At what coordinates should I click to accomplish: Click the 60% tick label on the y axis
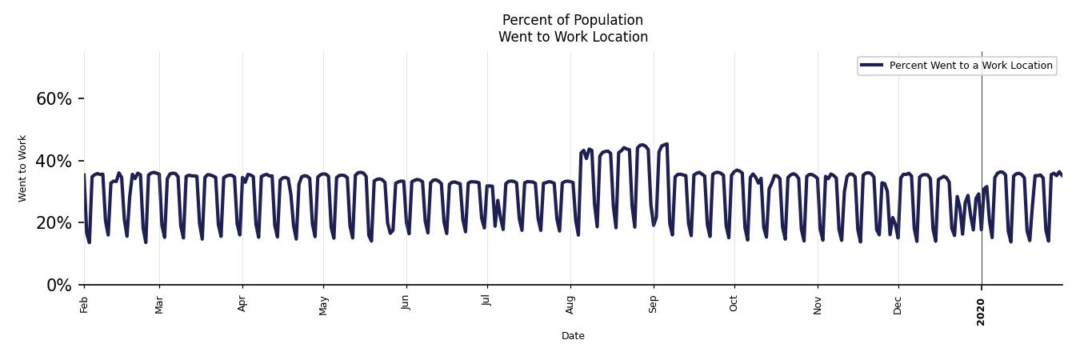tap(54, 99)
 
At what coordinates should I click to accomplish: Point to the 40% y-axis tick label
tap(54, 161)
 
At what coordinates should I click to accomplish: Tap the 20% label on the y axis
tap(54, 223)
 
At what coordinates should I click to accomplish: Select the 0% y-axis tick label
tap(59, 285)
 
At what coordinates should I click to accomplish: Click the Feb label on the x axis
tap(84, 304)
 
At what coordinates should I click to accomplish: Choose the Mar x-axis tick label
tap(159, 305)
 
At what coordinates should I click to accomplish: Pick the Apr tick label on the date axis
tap(242, 304)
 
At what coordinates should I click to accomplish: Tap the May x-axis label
tap(323, 306)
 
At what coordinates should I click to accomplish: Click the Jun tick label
tap(406, 304)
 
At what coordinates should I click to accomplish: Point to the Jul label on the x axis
tap(487, 303)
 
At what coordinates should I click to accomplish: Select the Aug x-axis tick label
tap(570, 305)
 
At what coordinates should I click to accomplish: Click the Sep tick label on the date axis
tap(654, 304)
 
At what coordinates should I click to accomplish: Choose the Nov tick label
tap(818, 305)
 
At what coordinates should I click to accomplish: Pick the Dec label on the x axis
tap(898, 305)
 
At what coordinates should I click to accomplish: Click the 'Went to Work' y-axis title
tap(22, 168)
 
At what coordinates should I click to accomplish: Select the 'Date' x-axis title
tap(573, 336)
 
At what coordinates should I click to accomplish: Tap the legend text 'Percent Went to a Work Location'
tap(970, 66)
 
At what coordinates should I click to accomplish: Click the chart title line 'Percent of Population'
tap(573, 20)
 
